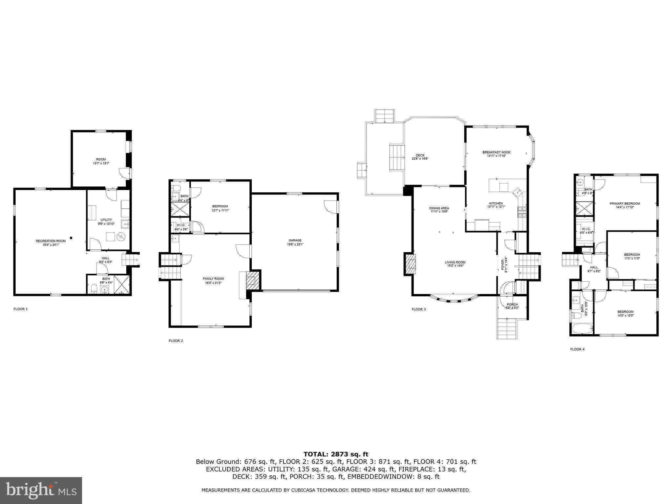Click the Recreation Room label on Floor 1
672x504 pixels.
point(51,242)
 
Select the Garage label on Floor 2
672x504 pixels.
point(295,242)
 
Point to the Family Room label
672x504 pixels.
point(213,280)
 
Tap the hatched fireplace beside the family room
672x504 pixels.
point(252,280)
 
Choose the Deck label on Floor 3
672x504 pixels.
point(420,157)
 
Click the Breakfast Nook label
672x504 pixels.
point(496,154)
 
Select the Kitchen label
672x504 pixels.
point(496,205)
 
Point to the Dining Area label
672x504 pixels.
point(439,210)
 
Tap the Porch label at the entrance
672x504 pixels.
point(512,306)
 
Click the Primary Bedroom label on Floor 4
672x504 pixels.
point(625,205)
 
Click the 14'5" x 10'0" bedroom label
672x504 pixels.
point(625,313)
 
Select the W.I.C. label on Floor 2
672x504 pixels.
point(181,227)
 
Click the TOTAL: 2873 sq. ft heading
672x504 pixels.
point(336,454)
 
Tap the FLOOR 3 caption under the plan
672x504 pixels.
point(419,309)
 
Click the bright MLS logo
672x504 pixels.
point(41,490)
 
